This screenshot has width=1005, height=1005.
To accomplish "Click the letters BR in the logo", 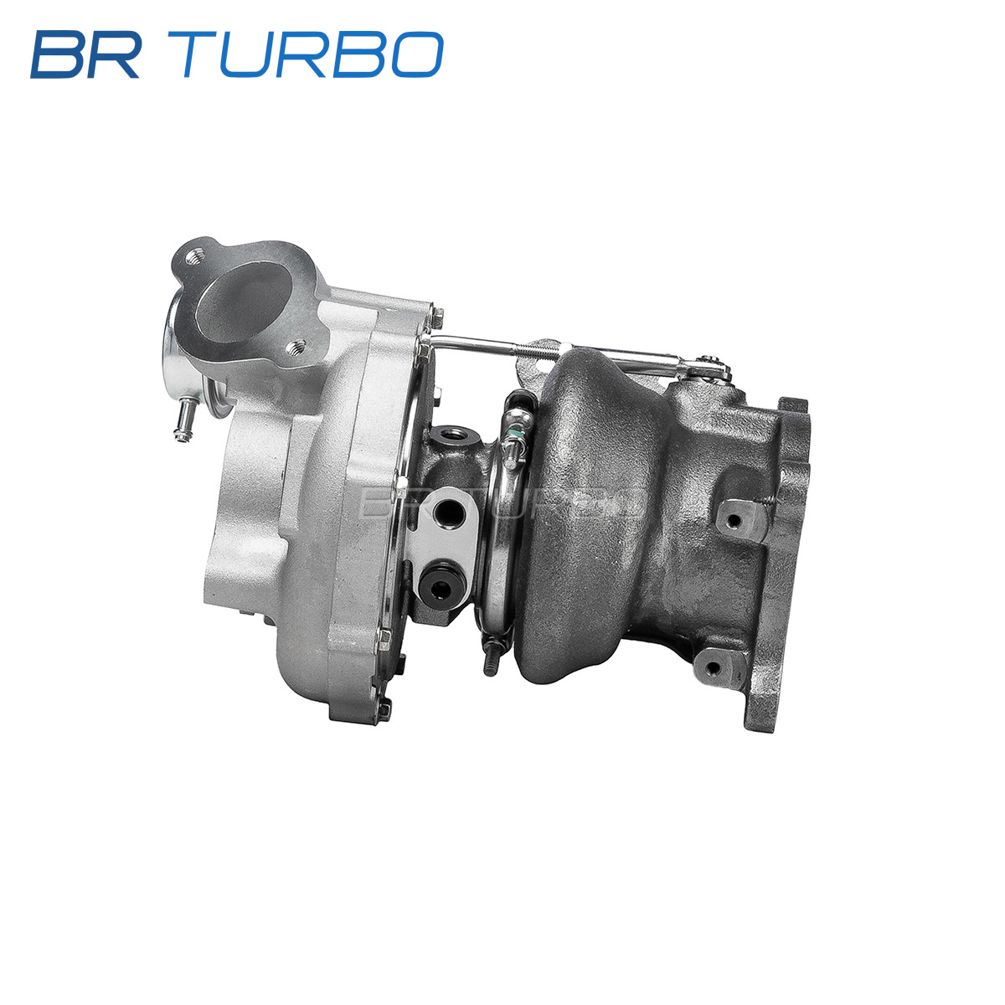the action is pos(86,54).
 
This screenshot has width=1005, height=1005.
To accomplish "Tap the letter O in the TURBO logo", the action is pos(417,54).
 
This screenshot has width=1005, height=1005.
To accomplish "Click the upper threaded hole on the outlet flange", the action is pos(194,255).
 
